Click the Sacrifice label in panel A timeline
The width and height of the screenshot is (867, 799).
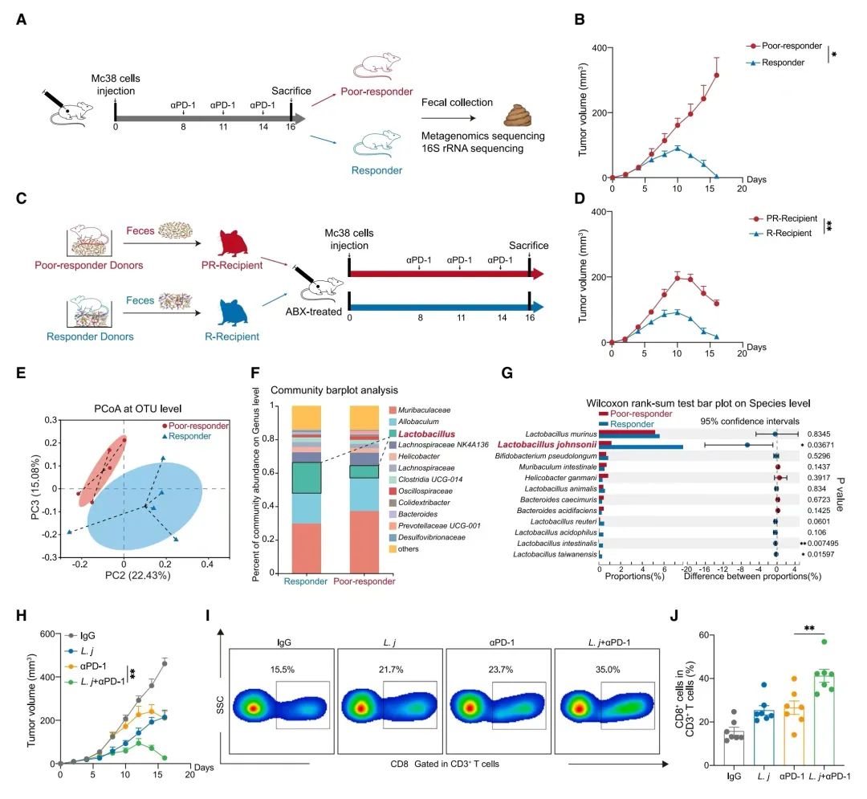point(291,91)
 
